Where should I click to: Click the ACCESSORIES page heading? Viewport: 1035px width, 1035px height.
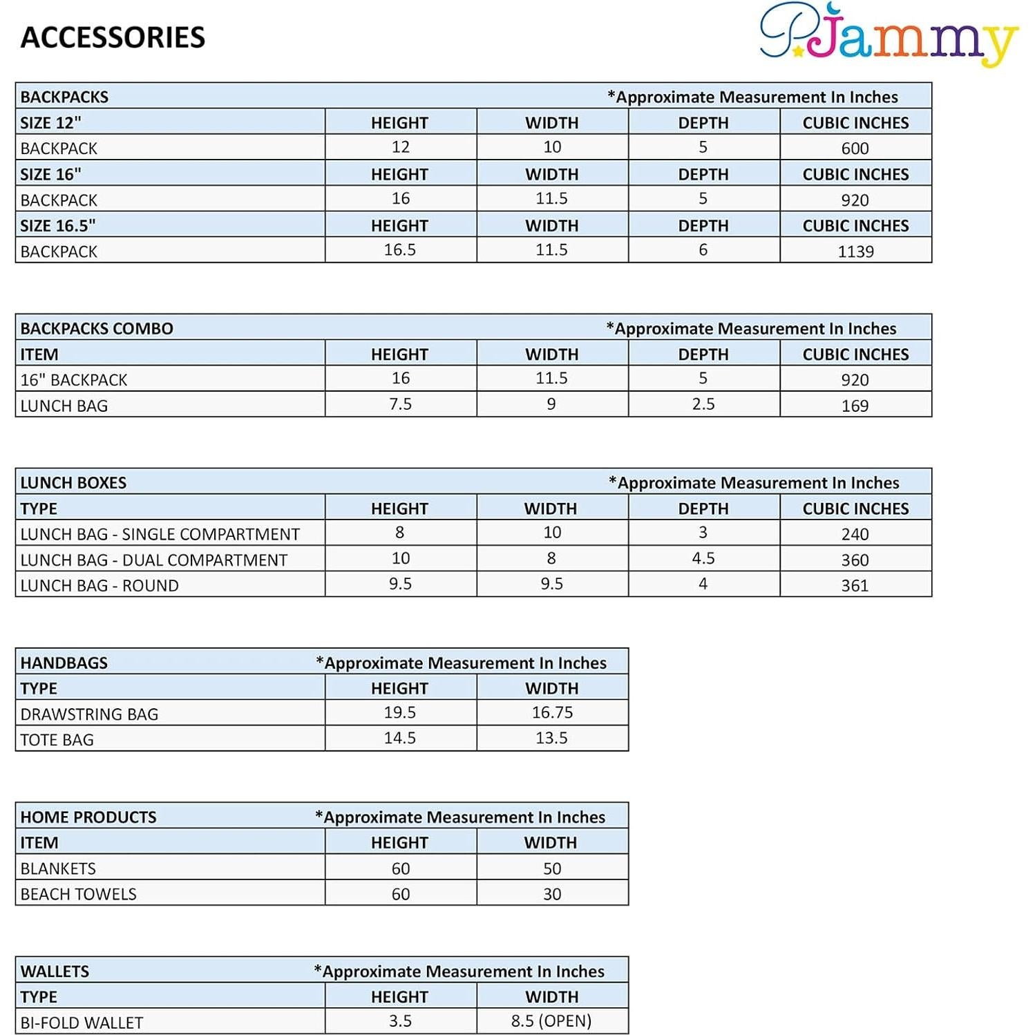[x=113, y=37]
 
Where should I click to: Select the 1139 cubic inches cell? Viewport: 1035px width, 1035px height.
[x=855, y=251]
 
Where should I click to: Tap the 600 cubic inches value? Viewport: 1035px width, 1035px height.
[x=855, y=149]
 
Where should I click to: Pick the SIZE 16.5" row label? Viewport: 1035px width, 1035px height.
[x=58, y=226]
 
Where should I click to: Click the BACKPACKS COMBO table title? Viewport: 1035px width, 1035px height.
[x=97, y=328]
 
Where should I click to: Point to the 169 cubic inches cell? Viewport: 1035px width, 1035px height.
[x=855, y=406]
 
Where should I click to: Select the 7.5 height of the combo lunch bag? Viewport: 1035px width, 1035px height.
[x=400, y=404]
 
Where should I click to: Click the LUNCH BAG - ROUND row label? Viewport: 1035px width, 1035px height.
[x=99, y=585]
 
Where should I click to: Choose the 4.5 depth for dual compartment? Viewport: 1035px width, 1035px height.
[x=703, y=558]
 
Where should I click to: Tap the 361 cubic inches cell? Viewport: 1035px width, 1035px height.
[x=855, y=585]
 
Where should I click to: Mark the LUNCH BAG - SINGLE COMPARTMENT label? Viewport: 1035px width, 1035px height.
[x=160, y=534]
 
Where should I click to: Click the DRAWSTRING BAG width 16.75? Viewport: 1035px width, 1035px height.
[x=552, y=712]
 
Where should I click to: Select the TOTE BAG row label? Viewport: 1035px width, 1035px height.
[x=57, y=739]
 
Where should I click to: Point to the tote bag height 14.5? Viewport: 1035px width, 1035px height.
[x=400, y=738]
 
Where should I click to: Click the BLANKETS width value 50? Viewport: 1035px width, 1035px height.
[x=552, y=868]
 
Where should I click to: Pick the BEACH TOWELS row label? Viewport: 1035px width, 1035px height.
[x=78, y=894]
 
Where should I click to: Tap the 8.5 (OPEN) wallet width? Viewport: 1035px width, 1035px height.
[x=551, y=1021]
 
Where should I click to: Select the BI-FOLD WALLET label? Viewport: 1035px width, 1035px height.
[x=82, y=1023]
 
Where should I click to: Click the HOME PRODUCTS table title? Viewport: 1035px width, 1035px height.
[x=88, y=817]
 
